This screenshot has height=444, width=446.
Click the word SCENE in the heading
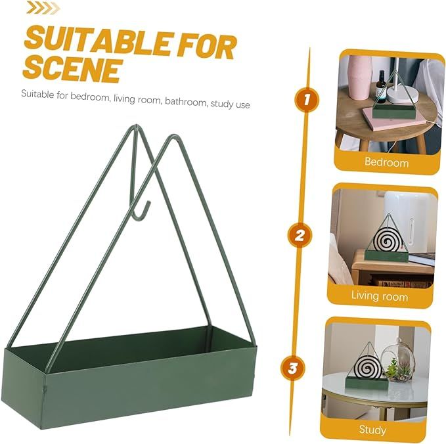pos(72,70)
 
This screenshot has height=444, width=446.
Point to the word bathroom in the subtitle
pos(186,102)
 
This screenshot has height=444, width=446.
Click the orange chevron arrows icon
pos(43,7)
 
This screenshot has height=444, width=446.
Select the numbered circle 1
pos(307,100)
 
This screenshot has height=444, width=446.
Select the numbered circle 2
pos(300,235)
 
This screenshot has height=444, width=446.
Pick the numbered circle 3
pos(292,368)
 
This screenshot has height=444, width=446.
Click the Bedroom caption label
pos(386,162)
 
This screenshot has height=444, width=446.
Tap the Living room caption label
pos(380,296)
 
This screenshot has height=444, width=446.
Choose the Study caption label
pos(372,430)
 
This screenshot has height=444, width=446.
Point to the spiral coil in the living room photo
pos(386,240)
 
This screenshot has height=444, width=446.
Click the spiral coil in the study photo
pos(368,366)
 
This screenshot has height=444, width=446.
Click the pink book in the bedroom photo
pos(394,119)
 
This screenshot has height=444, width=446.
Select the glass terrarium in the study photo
pos(398,360)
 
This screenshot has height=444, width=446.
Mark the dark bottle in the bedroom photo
pos(380,87)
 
